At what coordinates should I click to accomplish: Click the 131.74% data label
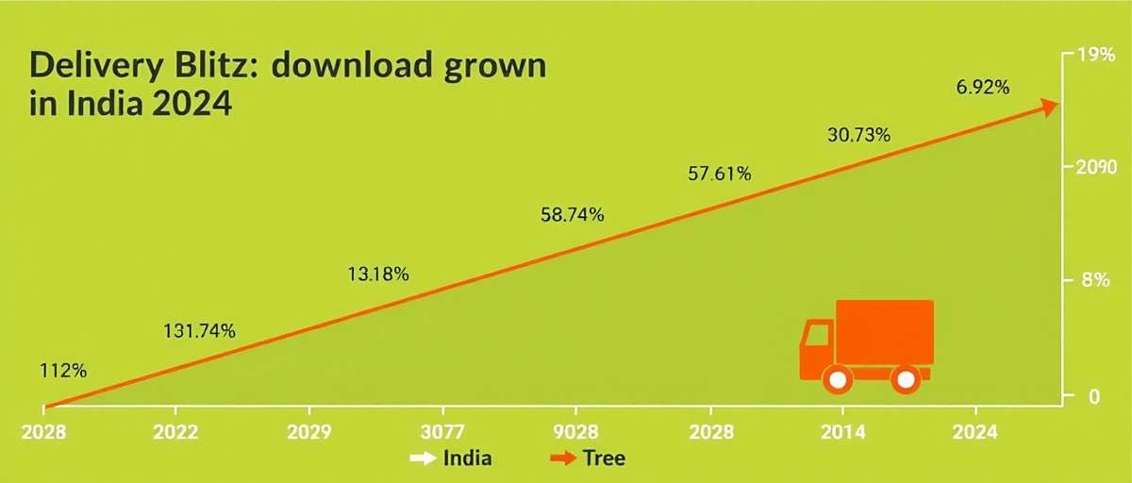coord(200,330)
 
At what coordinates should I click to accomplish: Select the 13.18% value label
coord(378,275)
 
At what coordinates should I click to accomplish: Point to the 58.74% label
coord(573,214)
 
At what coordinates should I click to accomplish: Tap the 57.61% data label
coord(720,174)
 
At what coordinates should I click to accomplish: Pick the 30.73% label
coord(858,135)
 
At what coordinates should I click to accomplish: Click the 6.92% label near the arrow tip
coord(983,88)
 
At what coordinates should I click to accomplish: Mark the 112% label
coord(63,371)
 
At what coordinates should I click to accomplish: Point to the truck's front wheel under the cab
coord(836,379)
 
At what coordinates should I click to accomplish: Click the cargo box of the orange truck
coord(884,332)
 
